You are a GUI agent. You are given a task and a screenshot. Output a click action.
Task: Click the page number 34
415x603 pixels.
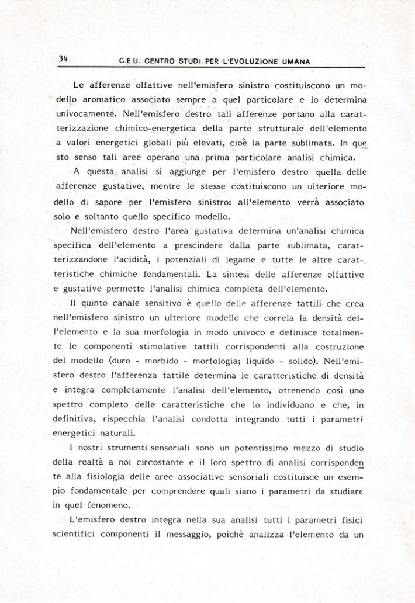63,58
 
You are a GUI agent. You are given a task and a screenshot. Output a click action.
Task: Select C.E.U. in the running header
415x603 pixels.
130,60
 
